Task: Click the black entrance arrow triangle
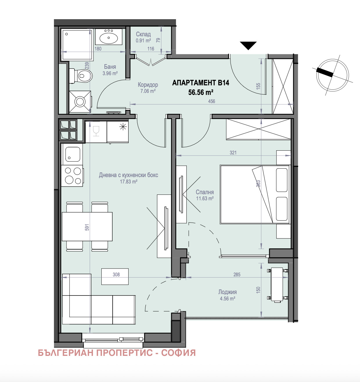[248, 45]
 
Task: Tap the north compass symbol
[332, 75]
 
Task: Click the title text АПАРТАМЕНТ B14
[201, 83]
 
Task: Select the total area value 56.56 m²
[201, 92]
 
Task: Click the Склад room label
[143, 34]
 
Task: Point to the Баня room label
[110, 67]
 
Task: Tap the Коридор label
[148, 85]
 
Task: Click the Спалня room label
[205, 192]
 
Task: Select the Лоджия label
[227, 292]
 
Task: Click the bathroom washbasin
[109, 37]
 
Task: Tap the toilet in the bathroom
[81, 76]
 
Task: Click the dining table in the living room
[87, 227]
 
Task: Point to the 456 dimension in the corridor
[212, 101]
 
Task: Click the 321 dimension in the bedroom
[233, 153]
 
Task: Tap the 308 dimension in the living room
[116, 275]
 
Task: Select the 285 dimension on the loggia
[237, 275]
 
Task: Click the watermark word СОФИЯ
[178, 353]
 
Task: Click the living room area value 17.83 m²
[129, 182]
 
